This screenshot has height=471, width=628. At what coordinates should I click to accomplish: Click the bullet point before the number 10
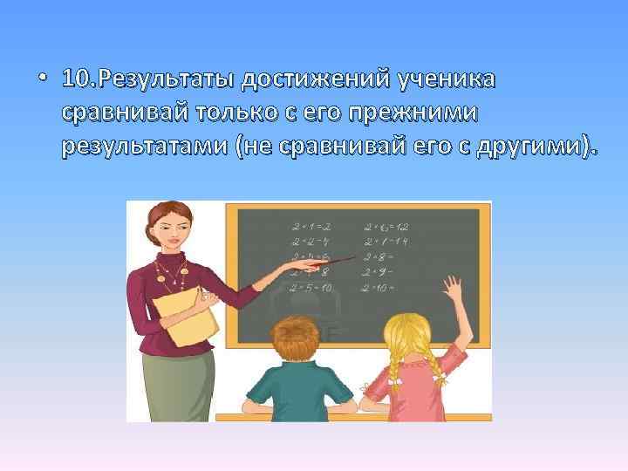[43, 80]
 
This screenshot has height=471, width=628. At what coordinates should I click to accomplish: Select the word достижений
[316, 79]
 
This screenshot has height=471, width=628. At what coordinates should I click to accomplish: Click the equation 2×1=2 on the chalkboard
[310, 225]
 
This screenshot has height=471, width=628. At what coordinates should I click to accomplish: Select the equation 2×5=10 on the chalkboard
[311, 286]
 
